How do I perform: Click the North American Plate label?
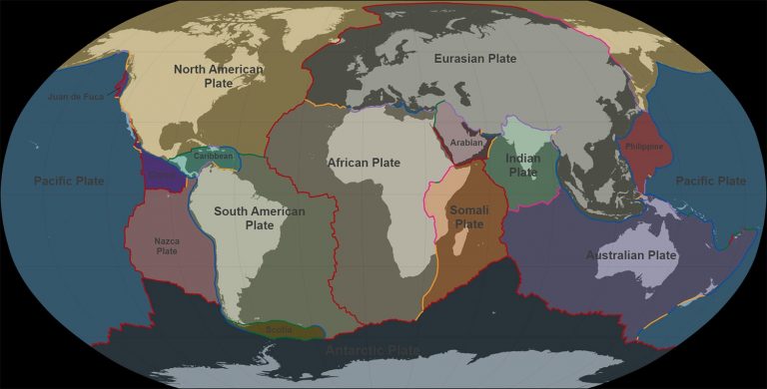(218, 76)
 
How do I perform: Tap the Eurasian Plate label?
(474, 60)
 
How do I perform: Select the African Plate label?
(364, 162)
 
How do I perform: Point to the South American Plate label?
(245, 217)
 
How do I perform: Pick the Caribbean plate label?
(213, 156)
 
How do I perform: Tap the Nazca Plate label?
(167, 245)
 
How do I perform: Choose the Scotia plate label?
(279, 328)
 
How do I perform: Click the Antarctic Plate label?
(374, 350)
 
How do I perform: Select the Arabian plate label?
(466, 143)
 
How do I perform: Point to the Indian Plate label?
(522, 165)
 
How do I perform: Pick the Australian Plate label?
(630, 255)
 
